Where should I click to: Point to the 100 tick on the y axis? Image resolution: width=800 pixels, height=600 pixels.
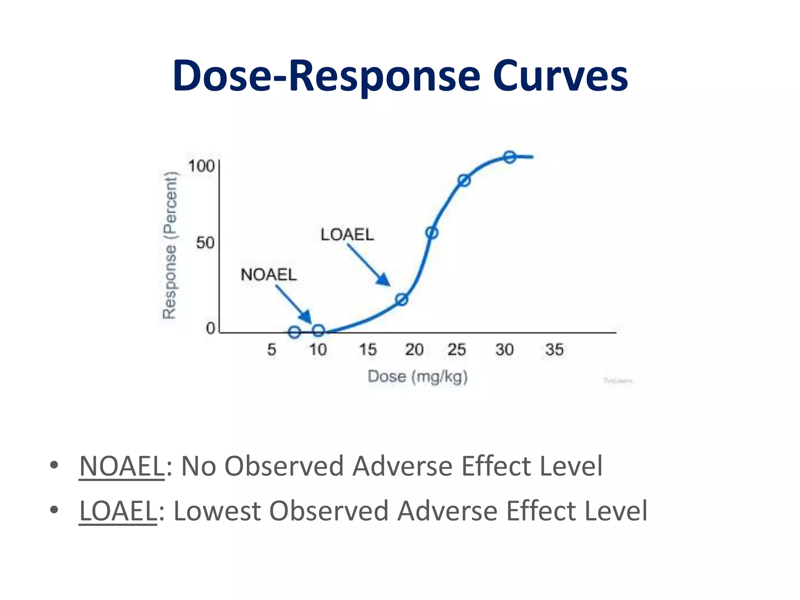[x=201, y=166]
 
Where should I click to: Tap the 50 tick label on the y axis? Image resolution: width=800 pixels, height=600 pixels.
[x=205, y=243]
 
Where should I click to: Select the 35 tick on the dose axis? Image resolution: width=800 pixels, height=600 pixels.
[x=554, y=350]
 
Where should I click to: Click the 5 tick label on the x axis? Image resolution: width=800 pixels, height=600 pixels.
[x=271, y=350]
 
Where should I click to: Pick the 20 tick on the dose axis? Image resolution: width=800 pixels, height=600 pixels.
[x=414, y=350]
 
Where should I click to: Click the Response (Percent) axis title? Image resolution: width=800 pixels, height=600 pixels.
[x=170, y=245]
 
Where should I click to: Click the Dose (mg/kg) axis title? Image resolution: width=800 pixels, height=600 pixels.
[x=418, y=377]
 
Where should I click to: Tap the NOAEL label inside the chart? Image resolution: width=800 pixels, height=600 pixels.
[x=269, y=275]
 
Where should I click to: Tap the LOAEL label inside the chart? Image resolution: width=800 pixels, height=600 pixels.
[x=347, y=235]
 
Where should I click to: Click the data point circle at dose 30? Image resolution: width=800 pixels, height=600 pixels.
[x=509, y=157]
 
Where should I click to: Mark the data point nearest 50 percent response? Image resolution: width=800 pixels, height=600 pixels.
[x=432, y=233]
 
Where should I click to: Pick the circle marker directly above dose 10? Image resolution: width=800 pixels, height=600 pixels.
[x=318, y=331]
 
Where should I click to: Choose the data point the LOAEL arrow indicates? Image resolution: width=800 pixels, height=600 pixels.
[x=402, y=300]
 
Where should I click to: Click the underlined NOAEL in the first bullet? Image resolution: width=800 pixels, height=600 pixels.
[x=121, y=466]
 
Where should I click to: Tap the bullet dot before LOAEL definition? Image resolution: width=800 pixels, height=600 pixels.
[x=54, y=510]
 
